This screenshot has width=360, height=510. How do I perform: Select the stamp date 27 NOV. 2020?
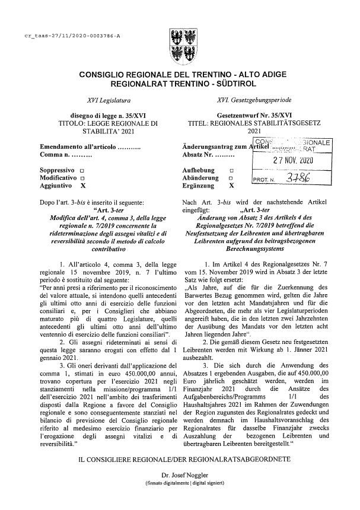284,161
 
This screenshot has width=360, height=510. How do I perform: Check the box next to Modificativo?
82,178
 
